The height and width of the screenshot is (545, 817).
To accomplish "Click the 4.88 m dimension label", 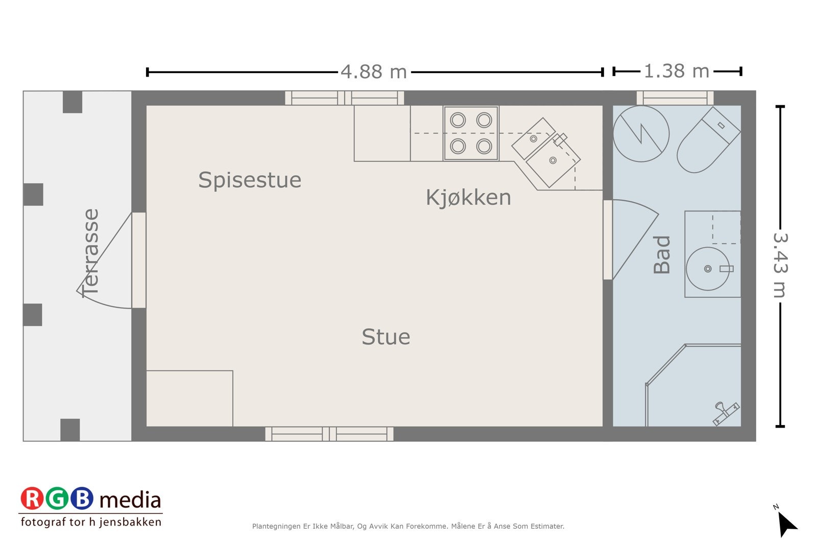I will (x=374, y=72).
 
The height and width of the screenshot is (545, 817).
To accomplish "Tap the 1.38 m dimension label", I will (x=676, y=72).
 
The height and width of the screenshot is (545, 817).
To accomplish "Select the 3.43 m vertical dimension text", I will (x=780, y=265).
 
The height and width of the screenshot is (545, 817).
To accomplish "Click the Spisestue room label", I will (x=250, y=180).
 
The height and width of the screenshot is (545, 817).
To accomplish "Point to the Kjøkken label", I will (x=468, y=198).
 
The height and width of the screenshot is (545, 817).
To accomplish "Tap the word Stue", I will (x=386, y=337).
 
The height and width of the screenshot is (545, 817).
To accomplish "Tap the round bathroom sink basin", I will (x=707, y=269).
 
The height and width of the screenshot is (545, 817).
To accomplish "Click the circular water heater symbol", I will (x=641, y=134).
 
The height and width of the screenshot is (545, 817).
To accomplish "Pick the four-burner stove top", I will (x=471, y=133).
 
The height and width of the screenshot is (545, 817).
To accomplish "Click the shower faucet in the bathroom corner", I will (x=726, y=413).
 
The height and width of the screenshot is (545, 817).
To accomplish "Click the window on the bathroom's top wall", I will (x=675, y=98).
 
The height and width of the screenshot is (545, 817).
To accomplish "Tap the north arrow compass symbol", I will (x=786, y=523).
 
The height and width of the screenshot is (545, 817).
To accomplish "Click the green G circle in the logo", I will (x=57, y=499).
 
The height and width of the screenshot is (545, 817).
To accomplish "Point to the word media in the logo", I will (x=130, y=500).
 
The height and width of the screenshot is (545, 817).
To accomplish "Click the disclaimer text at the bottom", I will (x=408, y=526).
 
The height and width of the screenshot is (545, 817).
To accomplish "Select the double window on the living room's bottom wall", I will (x=329, y=434).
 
